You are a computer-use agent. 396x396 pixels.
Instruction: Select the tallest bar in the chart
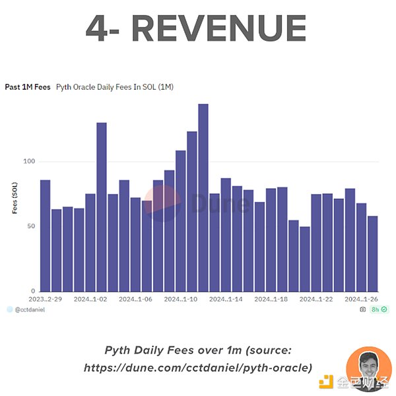[x=203, y=197]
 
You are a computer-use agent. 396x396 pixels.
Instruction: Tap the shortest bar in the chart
[x=304, y=259]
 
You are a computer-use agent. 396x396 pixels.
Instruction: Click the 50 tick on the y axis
[x=30, y=226]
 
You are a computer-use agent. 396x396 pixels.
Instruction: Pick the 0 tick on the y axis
[x=32, y=291]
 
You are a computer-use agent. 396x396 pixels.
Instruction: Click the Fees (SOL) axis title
[x=14, y=198]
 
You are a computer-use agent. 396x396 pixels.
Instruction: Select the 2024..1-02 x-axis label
[x=90, y=299]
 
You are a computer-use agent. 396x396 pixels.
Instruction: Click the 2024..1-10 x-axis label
[x=180, y=299]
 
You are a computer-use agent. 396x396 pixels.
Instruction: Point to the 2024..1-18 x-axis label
[x=271, y=299]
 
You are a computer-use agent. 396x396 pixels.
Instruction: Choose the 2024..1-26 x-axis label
[x=361, y=299]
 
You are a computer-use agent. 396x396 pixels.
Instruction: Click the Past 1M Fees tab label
[x=28, y=86]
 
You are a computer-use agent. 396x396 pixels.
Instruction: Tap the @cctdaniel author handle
[x=30, y=309]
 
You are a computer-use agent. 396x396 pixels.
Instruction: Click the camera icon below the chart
[x=362, y=309]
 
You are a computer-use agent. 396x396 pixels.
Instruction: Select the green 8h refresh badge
[x=378, y=309]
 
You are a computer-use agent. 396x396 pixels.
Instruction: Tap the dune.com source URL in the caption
[x=198, y=368]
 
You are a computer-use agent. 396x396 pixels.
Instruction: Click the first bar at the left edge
[x=46, y=235]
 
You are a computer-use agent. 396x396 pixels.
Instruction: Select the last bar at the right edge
[x=372, y=253]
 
